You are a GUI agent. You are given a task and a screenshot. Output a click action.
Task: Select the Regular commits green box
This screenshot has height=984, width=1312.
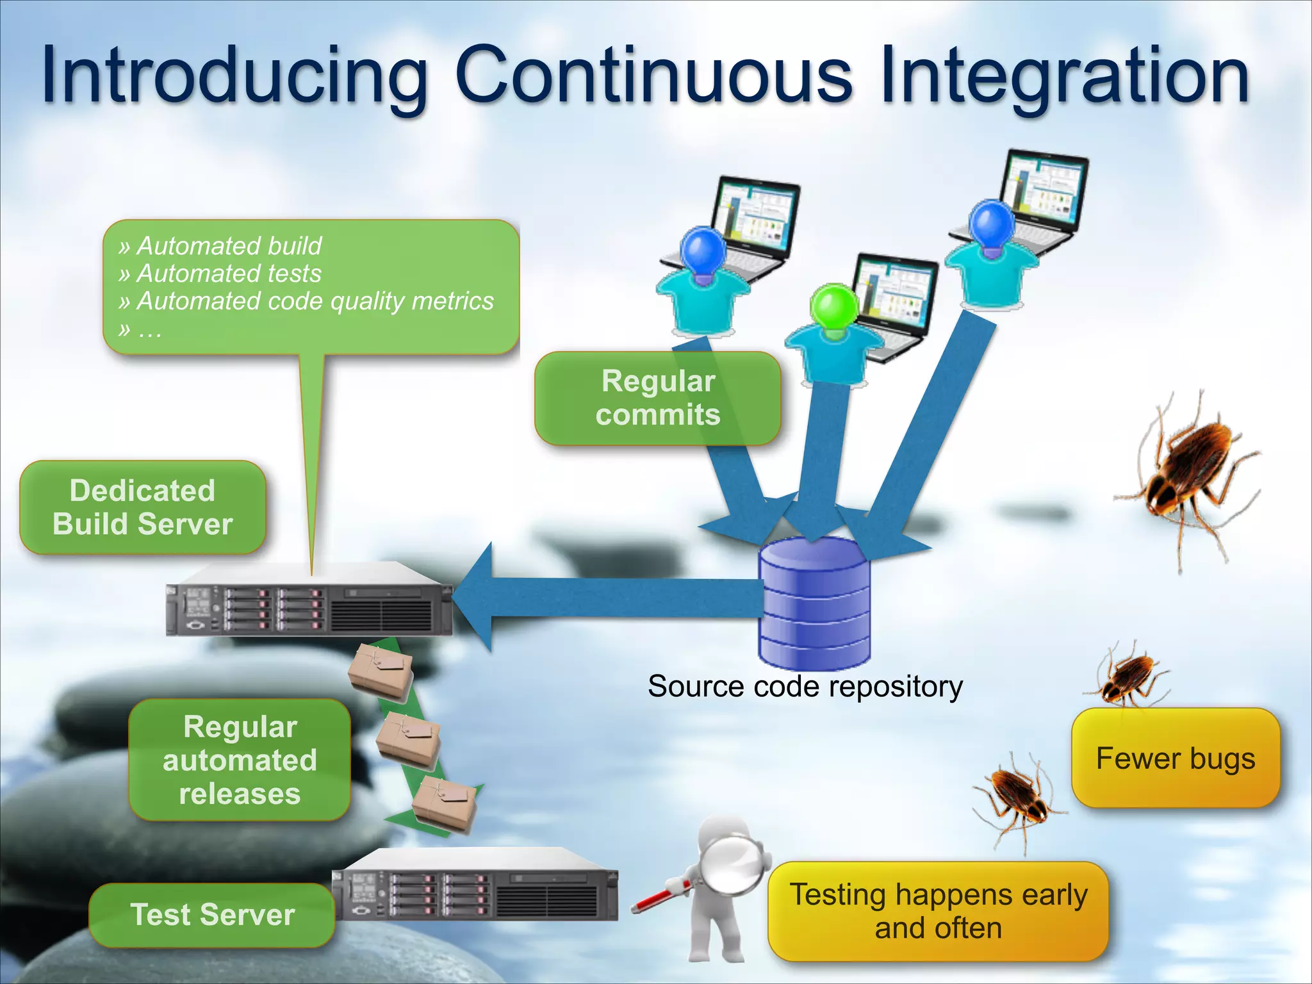[657, 398]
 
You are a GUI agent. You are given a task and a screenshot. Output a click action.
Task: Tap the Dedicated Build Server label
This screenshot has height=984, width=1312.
[142, 507]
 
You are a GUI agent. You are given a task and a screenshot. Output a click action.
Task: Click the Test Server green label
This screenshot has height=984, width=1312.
[212, 914]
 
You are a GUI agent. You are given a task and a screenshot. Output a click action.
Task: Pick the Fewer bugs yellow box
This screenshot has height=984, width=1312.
[1176, 758]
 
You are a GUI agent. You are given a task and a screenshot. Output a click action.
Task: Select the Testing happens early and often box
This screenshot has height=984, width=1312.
[938, 911]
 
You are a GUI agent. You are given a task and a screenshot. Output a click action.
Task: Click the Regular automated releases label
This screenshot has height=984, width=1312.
[240, 760]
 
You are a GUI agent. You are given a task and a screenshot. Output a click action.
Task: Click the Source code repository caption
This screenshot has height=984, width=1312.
[805, 687]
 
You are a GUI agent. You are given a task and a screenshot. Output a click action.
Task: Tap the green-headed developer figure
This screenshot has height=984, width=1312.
[833, 333]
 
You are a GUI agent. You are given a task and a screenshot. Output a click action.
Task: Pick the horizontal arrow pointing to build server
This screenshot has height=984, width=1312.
[609, 597]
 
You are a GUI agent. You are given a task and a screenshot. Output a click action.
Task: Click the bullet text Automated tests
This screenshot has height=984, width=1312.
[229, 274]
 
